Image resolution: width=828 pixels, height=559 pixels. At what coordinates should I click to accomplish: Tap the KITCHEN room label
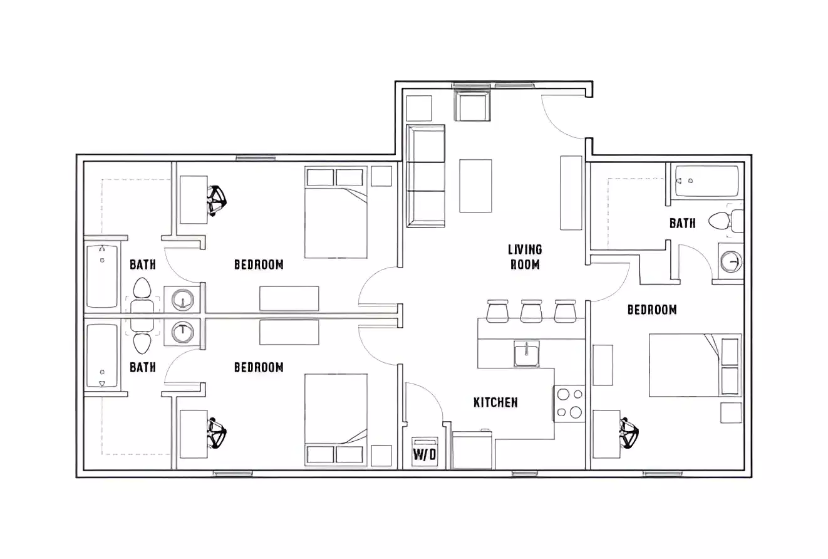click(495, 402)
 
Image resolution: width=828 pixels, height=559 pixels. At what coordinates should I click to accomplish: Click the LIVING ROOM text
click(525, 257)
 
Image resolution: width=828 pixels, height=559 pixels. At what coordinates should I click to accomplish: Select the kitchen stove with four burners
click(569, 403)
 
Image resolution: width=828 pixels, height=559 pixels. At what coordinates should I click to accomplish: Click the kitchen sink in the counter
click(527, 353)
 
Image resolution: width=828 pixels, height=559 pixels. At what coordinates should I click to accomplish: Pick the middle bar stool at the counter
click(531, 311)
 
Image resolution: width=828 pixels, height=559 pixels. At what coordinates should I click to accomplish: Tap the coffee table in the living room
click(475, 185)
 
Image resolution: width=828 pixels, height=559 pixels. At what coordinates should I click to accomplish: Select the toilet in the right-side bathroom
click(725, 221)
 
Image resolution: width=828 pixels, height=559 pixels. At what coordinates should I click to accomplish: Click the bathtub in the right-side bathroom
click(706, 181)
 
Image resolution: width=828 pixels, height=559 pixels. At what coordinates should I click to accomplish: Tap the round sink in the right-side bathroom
click(730, 261)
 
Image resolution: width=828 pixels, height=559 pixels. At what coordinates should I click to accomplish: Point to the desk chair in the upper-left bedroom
click(217, 200)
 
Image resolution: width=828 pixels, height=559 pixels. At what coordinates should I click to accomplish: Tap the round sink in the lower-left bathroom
click(182, 331)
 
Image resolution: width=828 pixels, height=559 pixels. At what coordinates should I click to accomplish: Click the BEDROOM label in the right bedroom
click(652, 310)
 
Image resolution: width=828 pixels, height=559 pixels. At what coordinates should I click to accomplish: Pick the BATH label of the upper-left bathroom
click(143, 264)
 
